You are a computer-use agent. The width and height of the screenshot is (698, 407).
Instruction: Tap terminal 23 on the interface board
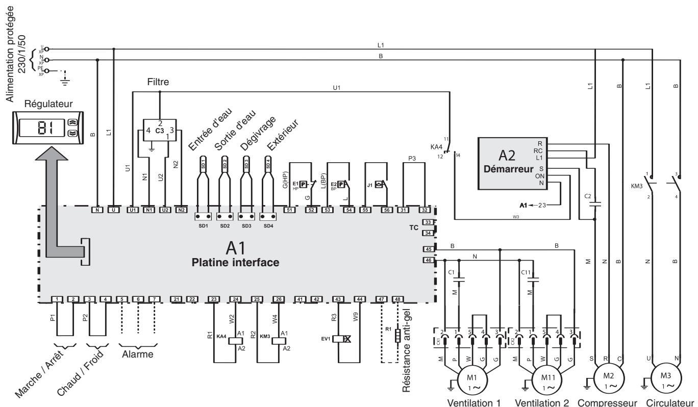click(214, 299)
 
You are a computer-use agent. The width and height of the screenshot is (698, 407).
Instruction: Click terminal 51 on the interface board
click(290, 210)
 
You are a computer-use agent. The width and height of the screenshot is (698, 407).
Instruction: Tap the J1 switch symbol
click(378, 184)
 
